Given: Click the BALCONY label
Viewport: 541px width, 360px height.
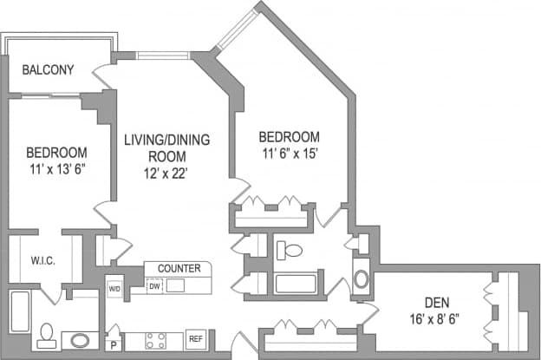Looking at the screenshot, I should (48, 70).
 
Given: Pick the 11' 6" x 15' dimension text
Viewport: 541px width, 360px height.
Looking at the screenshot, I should (290, 154).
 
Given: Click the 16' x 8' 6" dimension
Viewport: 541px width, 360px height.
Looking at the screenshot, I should (436, 318).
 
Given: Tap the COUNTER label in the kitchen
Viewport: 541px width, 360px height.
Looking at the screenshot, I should (179, 268).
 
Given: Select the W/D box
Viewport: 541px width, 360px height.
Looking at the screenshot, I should (114, 288).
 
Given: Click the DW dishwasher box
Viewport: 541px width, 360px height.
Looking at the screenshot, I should (153, 285).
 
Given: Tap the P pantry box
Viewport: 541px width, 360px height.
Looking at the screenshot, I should (112, 344).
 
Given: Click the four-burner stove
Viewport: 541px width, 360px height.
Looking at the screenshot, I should (155, 339).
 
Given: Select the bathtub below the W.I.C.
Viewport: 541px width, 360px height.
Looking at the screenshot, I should (19, 319).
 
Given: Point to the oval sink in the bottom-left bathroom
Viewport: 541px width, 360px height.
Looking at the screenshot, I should (81, 339).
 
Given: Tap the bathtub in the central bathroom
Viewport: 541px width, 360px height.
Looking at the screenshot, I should (296, 284).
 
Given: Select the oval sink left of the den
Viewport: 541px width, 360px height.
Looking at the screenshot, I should (361, 280).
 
